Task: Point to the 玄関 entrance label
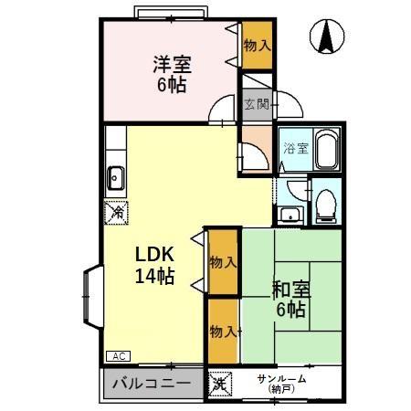pyautogui.click(x=256, y=104)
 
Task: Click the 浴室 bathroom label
pyautogui.click(x=294, y=147)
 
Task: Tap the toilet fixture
pyautogui.click(x=326, y=204)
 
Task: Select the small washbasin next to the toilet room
pyautogui.click(x=290, y=216)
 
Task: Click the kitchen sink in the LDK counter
pyautogui.click(x=117, y=176)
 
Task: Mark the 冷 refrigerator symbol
pyautogui.click(x=117, y=212)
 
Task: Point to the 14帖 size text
pyautogui.click(x=155, y=277)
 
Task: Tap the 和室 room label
pyautogui.click(x=291, y=290)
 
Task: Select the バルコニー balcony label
pyautogui.click(x=152, y=384)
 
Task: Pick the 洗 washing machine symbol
pyautogui.click(x=220, y=385)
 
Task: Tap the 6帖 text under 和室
pyautogui.click(x=291, y=310)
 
